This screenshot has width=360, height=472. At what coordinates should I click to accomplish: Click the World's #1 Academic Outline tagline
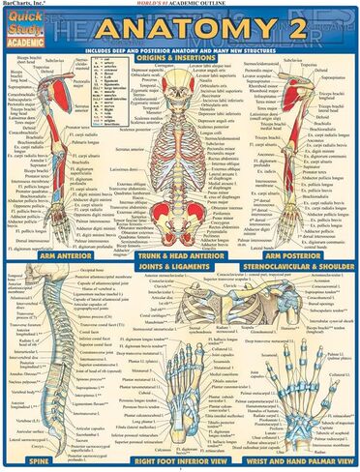[x=181, y=5]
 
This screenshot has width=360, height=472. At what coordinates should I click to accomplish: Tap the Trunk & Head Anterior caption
[x=180, y=257]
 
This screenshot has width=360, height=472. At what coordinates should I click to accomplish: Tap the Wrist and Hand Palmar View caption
[x=301, y=462]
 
